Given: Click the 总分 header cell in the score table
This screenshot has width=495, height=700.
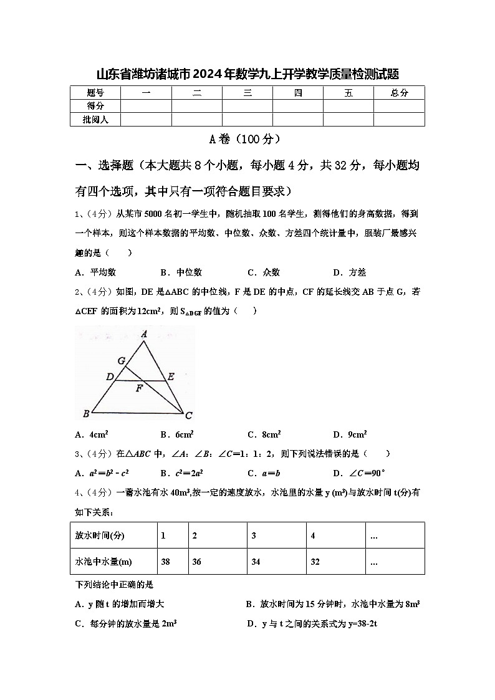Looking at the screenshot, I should point(399,93).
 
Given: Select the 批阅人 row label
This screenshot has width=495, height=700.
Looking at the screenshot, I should point(95,119).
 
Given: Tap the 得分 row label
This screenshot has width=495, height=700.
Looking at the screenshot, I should point(95,106).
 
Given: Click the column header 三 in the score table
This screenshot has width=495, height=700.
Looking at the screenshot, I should point(247,93).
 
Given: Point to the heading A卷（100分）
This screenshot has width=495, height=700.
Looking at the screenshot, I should point(247,139).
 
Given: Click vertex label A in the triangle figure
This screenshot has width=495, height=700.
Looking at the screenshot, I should point(144,335).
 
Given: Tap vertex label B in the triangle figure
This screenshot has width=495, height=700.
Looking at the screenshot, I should point(86,413).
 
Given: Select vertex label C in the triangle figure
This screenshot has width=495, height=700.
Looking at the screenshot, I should point(188,415).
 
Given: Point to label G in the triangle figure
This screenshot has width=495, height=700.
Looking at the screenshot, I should point(121,361).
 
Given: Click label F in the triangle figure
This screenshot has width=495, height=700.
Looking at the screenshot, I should point(139,388).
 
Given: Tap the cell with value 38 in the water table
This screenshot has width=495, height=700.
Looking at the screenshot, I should point(166,562).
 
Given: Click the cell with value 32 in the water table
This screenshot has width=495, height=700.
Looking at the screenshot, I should point(315,562).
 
